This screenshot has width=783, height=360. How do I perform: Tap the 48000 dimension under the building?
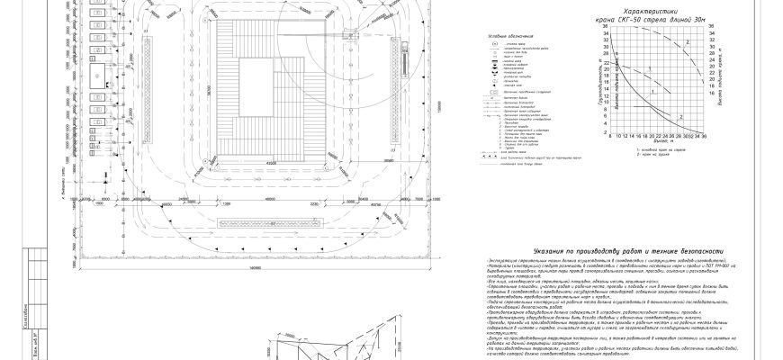point(270,163)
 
